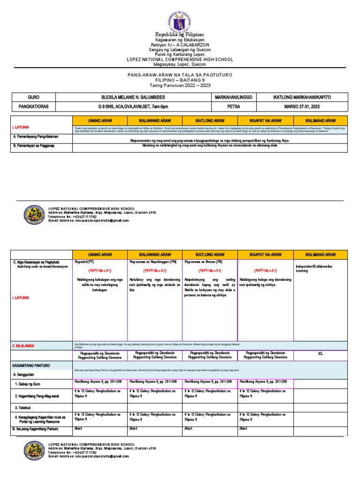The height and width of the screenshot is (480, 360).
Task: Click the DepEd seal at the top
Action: (x=180, y=18)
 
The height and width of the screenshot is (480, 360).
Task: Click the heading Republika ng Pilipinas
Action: (x=180, y=35)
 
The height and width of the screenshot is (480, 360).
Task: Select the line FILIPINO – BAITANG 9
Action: (x=180, y=81)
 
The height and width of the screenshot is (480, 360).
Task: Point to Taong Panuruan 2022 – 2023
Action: (x=180, y=86)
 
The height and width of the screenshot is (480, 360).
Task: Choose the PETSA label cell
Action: (x=234, y=106)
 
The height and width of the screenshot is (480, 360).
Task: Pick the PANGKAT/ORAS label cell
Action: (x=33, y=106)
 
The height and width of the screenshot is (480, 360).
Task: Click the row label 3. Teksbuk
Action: (x=24, y=407)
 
